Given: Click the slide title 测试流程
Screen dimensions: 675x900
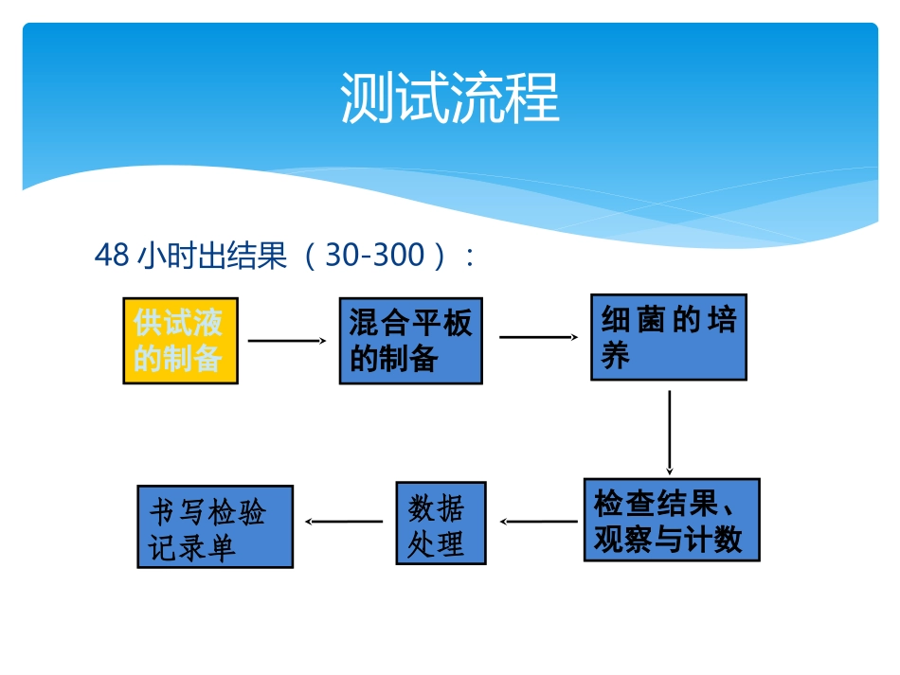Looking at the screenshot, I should (x=450, y=98).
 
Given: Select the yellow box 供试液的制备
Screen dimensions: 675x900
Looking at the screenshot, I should (x=180, y=341).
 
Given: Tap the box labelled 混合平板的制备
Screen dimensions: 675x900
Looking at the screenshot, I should (x=410, y=341).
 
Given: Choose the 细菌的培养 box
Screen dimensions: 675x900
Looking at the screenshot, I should (x=668, y=337).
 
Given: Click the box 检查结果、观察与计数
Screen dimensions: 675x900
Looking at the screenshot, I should (x=671, y=520).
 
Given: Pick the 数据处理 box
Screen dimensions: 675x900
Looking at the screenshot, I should (x=441, y=524).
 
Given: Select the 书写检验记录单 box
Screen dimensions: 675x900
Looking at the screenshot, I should (x=215, y=526).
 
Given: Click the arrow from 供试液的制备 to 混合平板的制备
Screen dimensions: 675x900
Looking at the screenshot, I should (x=287, y=340).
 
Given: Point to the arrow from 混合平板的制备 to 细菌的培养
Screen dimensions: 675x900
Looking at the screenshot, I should (x=538, y=336).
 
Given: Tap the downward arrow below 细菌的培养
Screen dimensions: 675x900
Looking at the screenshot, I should (x=670, y=431).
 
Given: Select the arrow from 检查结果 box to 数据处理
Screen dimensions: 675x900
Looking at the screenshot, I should (x=538, y=521).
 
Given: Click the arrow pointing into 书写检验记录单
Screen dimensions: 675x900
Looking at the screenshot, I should (x=343, y=521).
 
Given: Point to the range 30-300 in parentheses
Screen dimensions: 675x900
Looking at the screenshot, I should (x=375, y=255).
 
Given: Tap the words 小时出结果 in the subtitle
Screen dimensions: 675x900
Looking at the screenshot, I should (x=211, y=255).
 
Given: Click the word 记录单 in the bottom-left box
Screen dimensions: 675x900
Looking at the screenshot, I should (x=192, y=547).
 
